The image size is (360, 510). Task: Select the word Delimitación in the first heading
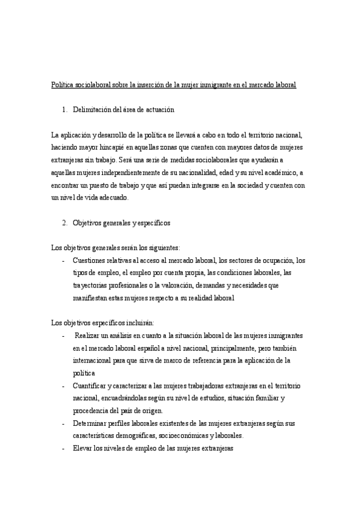[x=96, y=109]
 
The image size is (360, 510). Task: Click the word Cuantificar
[x=92, y=386]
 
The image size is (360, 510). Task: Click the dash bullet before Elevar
[x=64, y=449]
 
